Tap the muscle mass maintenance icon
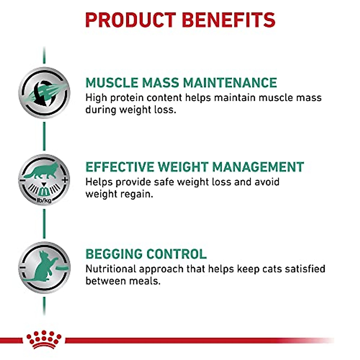tap(44, 93)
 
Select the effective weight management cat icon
tap(44, 180)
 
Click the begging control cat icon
tap(44, 267)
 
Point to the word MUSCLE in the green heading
tap(112, 83)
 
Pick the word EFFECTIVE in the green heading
tap(119, 167)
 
